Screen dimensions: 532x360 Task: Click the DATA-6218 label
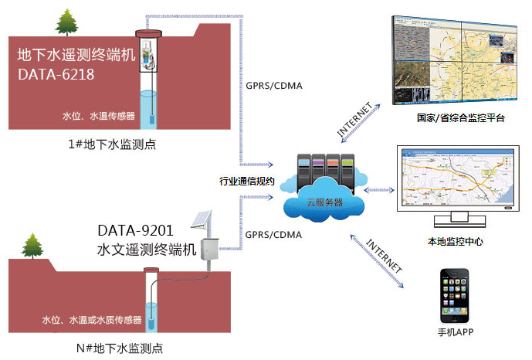(56, 75)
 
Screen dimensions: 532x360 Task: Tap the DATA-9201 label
(135, 231)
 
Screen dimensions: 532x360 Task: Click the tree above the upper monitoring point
(66, 22)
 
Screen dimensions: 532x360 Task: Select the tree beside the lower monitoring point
(32, 246)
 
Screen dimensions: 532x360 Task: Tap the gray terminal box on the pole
(210, 250)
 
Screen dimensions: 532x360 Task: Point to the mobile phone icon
(455, 296)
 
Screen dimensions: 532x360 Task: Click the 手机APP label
(456, 332)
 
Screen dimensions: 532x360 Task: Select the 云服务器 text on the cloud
(325, 202)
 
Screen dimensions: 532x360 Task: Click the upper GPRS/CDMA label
(274, 86)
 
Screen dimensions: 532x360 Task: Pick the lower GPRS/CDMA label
(273, 235)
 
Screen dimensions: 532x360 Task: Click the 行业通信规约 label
(246, 182)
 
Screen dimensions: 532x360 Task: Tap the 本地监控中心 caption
(456, 242)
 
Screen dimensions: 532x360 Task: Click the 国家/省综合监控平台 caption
(461, 117)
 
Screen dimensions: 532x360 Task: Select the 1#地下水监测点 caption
(112, 144)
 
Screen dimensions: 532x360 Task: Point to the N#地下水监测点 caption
(120, 348)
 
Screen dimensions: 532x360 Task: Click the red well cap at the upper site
(148, 33)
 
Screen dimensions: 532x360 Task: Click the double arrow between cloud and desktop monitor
(379, 190)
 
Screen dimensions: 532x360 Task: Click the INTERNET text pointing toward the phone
(385, 255)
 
